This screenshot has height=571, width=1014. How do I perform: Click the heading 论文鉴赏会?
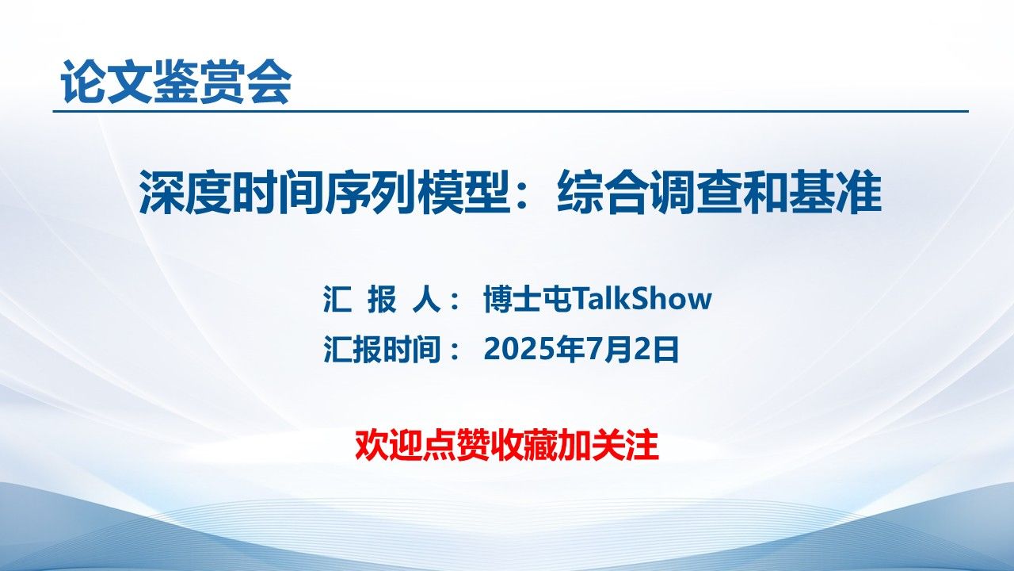tap(176, 82)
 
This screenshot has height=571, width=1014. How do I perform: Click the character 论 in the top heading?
tap(84, 82)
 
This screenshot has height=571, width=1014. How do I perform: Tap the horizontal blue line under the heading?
tap(511, 111)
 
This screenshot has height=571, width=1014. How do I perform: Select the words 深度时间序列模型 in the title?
tap(325, 192)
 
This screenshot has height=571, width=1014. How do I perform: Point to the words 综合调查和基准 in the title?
tap(719, 192)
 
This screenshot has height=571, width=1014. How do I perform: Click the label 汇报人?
tap(382, 299)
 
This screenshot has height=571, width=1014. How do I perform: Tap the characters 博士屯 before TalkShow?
tap(528, 299)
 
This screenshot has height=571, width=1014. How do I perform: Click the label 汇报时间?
tap(382, 349)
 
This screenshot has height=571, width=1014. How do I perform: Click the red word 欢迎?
tap(388, 446)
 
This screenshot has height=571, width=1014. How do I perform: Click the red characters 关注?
tap(625, 446)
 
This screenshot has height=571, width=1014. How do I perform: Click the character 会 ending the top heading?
tap(269, 82)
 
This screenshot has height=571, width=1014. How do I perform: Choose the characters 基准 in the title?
tap(836, 192)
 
